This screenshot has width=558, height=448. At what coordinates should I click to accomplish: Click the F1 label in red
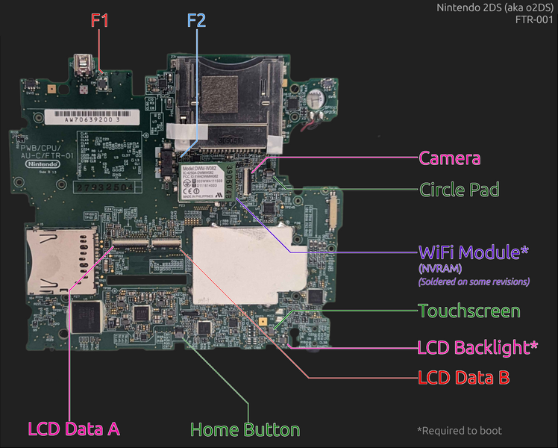tap(99, 20)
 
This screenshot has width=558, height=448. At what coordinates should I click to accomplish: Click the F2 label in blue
tap(195, 20)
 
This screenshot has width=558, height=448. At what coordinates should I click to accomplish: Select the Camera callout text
tap(449, 158)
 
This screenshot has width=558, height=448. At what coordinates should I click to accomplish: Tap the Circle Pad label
tap(459, 190)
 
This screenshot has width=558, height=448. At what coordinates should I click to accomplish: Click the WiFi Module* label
tap(474, 252)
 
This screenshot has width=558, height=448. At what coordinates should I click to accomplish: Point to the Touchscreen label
tap(469, 311)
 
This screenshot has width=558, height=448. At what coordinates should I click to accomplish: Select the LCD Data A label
tap(73, 429)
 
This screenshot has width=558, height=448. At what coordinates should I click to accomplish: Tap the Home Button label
tap(245, 429)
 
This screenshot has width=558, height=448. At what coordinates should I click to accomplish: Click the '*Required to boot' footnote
tap(459, 430)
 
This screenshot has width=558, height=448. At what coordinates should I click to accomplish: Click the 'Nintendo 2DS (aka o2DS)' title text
tap(496, 8)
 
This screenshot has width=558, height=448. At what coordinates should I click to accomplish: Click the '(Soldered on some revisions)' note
tap(473, 281)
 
